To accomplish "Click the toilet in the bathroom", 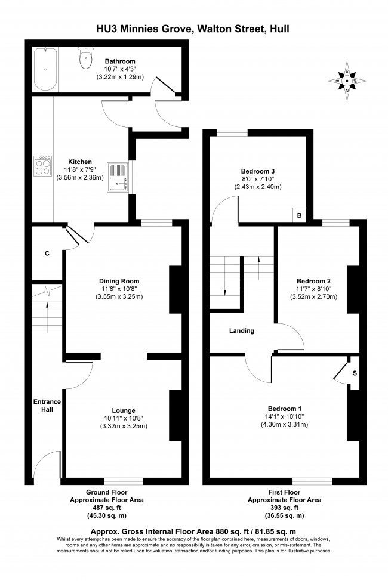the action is click(86, 58).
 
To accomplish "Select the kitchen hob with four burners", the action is click(42, 166).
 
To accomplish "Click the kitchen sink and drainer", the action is click(118, 177).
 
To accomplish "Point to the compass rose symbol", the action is click(347, 81).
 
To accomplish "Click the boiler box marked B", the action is click(299, 215).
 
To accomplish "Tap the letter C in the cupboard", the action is click(47, 254).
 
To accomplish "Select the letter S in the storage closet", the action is click(355, 373).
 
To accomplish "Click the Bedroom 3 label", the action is click(258, 171).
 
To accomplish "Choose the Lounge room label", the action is click(124, 410).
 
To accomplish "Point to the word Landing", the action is click(242, 331).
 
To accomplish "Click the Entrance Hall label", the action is click(47, 406).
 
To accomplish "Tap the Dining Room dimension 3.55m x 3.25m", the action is click(119, 297).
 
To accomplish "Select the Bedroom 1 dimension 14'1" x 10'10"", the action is click(285, 416).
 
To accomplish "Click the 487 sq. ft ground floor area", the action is click(106, 508).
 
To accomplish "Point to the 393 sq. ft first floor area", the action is click(285, 508).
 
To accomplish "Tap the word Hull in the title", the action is click(279, 29).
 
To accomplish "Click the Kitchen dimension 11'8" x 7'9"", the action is click(80, 169).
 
